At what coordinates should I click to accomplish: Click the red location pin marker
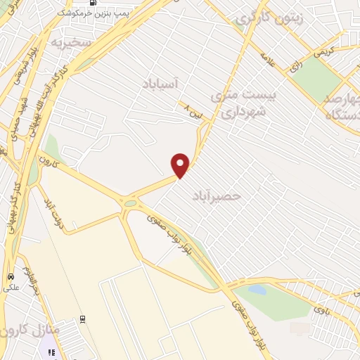tap(181, 165)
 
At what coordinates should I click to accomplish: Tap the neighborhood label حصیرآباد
tap(216, 196)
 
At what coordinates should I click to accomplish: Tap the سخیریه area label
tap(70, 43)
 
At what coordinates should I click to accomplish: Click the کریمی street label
tap(324, 53)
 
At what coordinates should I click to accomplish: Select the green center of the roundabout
tap(129, 204)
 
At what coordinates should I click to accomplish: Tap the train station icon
tap(52, 351)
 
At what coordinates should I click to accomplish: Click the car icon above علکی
tap(11, 276)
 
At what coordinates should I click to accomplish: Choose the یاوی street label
tap(321, 308)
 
